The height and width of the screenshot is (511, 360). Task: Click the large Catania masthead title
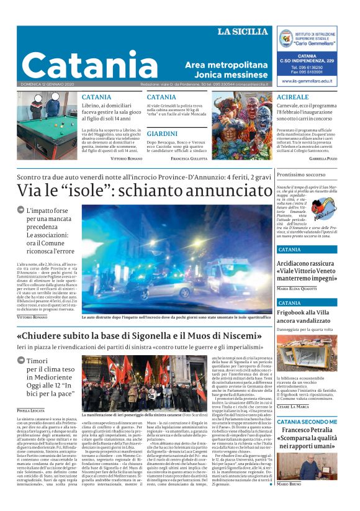[x=89, y=64]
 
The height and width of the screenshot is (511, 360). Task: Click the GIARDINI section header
[x=163, y=133]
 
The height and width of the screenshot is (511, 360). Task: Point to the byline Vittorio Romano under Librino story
[x=126, y=159]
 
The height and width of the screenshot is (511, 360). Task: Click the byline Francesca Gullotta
[x=189, y=159]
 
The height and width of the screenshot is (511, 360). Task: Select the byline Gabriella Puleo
[x=323, y=159]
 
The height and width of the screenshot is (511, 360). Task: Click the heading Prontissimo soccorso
[x=301, y=174]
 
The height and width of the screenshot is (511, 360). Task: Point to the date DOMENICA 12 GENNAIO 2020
[x=47, y=84]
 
